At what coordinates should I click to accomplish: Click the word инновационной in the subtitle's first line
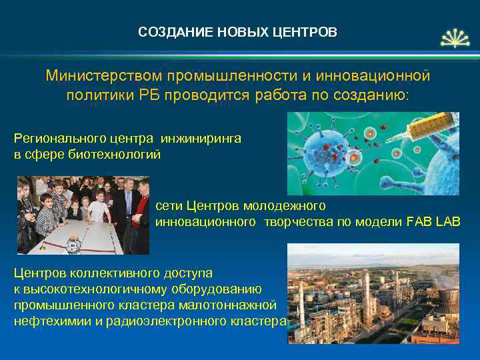[x=375, y=75]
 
